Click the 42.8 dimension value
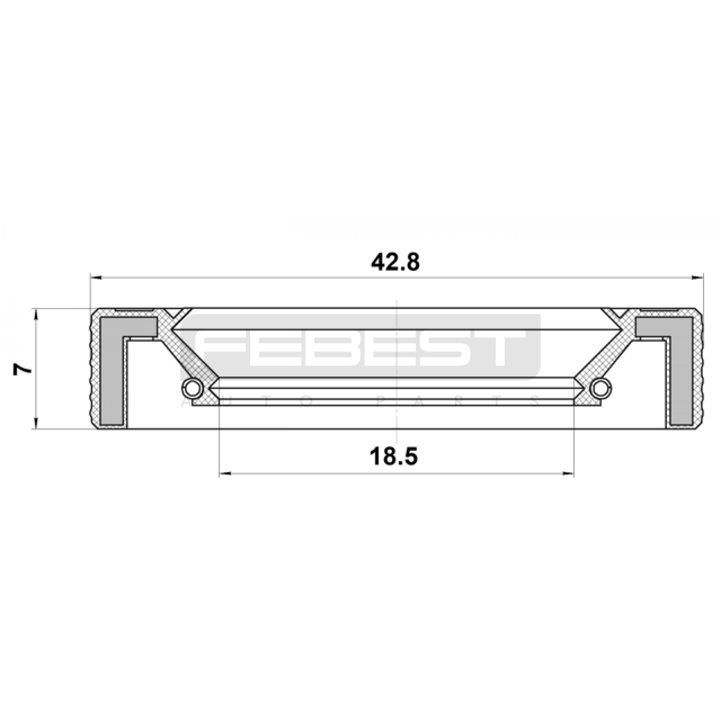pos(395,262)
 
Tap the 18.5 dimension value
pos(394,456)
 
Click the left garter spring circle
pos(192,387)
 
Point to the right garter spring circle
pos(601,388)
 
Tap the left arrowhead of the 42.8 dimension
pos(96,278)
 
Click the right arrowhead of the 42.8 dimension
pos(697,278)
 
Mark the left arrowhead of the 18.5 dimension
pos(225,474)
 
